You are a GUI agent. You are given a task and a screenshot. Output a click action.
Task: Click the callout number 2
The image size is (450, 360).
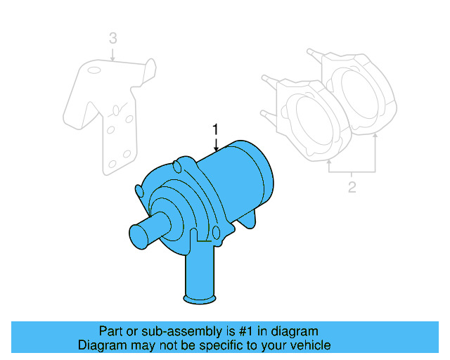tap(352, 187)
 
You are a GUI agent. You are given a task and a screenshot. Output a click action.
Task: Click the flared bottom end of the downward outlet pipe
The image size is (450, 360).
tap(199, 300)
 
